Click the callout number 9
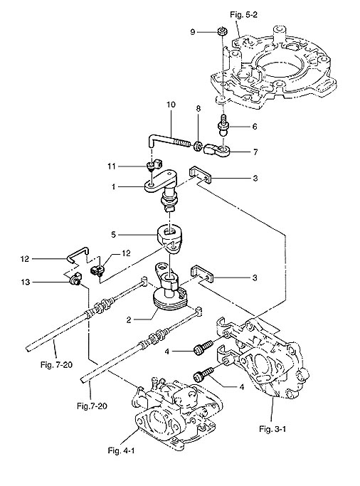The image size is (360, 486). point(193,32)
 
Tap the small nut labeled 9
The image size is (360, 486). point(221,31)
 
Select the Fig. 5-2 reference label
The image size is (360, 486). point(243,15)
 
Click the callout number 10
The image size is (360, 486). point(171,105)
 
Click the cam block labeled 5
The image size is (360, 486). point(170,238)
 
